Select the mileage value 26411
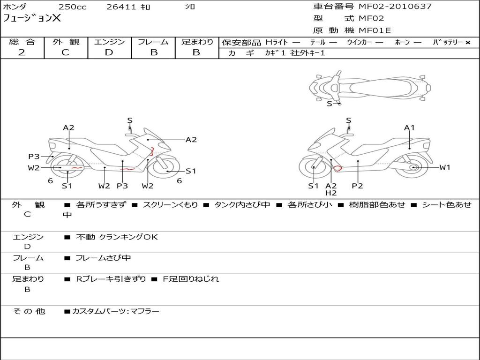[x=121, y=7]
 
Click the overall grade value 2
[x=22, y=52]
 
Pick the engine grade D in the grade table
[x=109, y=52]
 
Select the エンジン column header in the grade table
[x=109, y=42]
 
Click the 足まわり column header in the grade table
[x=197, y=42]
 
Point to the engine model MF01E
[x=375, y=31]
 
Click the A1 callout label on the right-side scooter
[x=409, y=127]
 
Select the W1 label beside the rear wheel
[x=444, y=167]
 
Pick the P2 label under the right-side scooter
[x=357, y=186]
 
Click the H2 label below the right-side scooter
[x=331, y=193]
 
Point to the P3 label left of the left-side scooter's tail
[x=34, y=157]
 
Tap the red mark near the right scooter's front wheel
[x=337, y=168]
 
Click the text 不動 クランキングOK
[x=117, y=237]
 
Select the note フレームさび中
[x=103, y=258]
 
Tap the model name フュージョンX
[x=32, y=19]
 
